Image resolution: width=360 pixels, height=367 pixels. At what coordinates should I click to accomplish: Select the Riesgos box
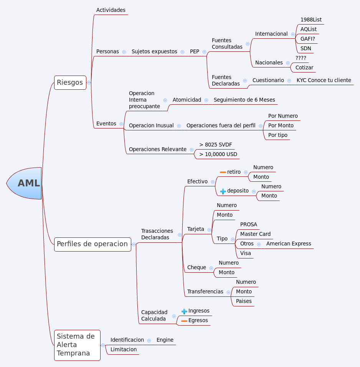(70, 82)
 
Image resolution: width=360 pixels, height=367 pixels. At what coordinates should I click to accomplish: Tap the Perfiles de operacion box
(92, 244)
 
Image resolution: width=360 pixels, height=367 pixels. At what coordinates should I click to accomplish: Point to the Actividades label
(111, 10)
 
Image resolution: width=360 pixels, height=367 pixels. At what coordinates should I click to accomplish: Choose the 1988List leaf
(311, 20)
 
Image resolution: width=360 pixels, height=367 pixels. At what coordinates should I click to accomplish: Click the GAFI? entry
(308, 39)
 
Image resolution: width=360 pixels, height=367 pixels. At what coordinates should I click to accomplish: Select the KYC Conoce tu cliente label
(324, 80)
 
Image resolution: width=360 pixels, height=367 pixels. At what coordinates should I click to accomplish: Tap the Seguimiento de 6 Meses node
(244, 100)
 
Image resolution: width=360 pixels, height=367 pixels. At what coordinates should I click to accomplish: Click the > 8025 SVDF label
(215, 145)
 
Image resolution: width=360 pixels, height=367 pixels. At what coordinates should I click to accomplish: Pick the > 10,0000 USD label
(218, 154)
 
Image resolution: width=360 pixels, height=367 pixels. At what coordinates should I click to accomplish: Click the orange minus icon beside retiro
(223, 172)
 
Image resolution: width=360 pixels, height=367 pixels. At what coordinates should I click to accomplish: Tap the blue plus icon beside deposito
(223, 191)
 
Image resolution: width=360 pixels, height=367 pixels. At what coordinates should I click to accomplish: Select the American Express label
(289, 244)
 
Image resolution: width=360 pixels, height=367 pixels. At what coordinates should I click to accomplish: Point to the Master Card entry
(255, 234)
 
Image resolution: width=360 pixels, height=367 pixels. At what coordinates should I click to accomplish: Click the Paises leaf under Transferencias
(244, 301)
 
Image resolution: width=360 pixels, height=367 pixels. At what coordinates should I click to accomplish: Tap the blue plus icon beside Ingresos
(184, 311)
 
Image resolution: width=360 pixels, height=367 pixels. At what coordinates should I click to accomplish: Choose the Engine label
(165, 340)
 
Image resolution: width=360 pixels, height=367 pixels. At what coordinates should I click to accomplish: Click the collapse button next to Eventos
(121, 124)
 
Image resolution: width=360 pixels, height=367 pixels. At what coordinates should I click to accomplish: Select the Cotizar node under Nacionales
(304, 67)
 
